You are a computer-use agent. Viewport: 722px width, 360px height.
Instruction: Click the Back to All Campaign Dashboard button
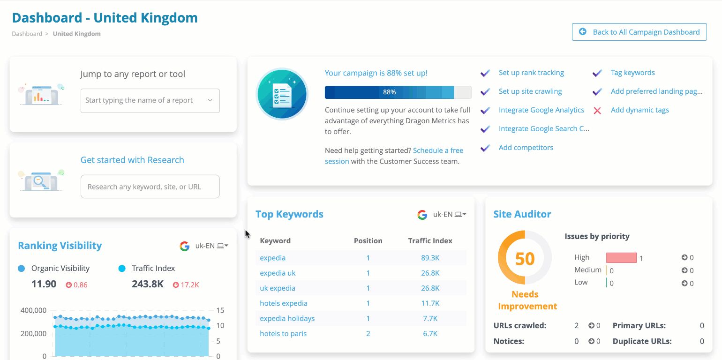tap(639, 32)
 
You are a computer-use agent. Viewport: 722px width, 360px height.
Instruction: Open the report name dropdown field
tap(150, 100)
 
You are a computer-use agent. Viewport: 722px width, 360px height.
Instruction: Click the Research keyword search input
tap(150, 187)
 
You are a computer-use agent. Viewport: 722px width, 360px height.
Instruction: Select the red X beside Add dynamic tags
tap(597, 111)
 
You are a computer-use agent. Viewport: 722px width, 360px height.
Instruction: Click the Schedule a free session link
tap(438, 150)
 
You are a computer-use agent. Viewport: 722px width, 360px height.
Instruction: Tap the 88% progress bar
tap(398, 92)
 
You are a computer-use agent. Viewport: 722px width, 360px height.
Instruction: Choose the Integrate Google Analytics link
tap(541, 110)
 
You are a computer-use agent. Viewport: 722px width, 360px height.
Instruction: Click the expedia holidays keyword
tap(287, 318)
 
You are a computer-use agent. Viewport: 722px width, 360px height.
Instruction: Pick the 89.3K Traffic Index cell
tap(430, 258)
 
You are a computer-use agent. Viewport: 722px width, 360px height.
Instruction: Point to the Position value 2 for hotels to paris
tap(368, 334)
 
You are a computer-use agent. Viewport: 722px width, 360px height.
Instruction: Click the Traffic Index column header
tap(430, 241)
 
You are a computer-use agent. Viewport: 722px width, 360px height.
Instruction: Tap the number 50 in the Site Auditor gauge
tap(525, 258)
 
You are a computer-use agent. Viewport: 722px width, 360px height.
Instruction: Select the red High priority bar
tap(621, 258)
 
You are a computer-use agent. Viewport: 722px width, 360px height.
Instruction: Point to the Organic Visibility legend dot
tap(21, 269)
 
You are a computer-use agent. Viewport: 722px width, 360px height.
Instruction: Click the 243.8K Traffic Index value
tap(147, 284)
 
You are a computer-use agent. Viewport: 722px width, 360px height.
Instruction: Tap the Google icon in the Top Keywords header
tap(422, 215)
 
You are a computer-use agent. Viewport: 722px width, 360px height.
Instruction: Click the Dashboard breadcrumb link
tap(27, 34)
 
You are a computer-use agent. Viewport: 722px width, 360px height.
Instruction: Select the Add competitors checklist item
tap(526, 148)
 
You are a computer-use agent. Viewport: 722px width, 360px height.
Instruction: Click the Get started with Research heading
tap(132, 160)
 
